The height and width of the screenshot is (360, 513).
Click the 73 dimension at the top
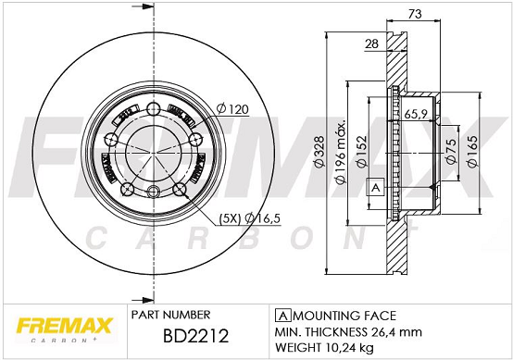[x=415, y=14]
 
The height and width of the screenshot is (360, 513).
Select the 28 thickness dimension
[x=371, y=43]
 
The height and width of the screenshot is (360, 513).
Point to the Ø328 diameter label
[x=319, y=152]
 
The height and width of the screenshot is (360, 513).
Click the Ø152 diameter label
[x=362, y=152]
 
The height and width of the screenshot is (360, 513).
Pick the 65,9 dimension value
[x=416, y=114]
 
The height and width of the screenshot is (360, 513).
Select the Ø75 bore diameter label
[x=451, y=151]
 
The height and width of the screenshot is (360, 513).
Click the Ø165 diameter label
[x=472, y=152]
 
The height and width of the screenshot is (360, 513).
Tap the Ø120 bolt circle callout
[x=232, y=109]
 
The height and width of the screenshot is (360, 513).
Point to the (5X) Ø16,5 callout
[x=250, y=218]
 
